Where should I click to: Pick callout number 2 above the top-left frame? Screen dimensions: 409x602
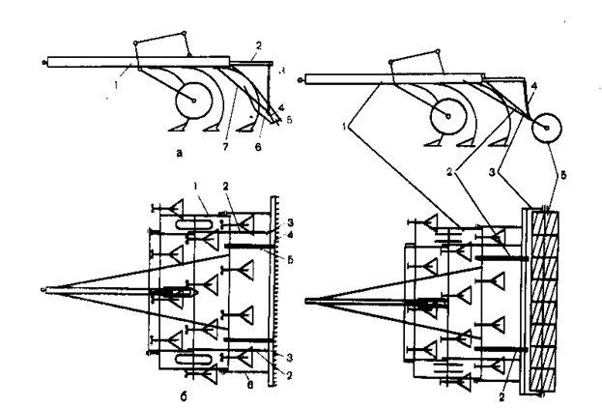point(259,44)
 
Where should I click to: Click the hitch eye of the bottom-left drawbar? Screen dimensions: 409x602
point(44,288)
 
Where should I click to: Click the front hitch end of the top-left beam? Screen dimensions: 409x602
point(45,61)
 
